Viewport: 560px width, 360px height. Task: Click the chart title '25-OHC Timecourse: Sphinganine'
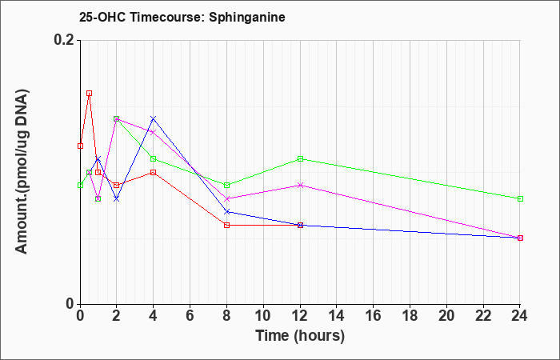[182, 17]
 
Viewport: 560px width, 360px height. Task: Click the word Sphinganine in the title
[247, 17]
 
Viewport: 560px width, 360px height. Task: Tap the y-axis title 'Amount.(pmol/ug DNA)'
[22, 172]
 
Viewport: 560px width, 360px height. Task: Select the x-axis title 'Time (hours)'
[300, 336]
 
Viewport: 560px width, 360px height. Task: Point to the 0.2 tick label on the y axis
[65, 40]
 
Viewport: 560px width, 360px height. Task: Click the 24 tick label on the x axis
[520, 316]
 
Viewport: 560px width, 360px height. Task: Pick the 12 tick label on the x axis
[300, 316]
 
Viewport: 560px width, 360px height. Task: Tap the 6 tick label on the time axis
[190, 316]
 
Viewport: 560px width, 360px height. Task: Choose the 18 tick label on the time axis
[410, 316]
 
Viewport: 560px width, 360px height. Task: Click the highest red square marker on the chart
[90, 94]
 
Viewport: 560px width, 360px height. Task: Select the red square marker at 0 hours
[80, 146]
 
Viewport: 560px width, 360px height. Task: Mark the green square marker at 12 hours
[300, 158]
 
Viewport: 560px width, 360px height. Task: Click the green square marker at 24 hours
[520, 198]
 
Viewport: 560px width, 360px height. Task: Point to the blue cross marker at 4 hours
[154, 118]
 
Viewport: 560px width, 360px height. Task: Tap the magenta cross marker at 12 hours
[300, 185]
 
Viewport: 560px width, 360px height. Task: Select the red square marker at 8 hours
[226, 225]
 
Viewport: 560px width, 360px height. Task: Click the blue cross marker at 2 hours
[117, 198]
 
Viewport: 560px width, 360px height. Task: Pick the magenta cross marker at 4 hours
[154, 132]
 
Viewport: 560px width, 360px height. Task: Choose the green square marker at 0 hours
[80, 185]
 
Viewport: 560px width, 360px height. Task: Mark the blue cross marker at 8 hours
[226, 212]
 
